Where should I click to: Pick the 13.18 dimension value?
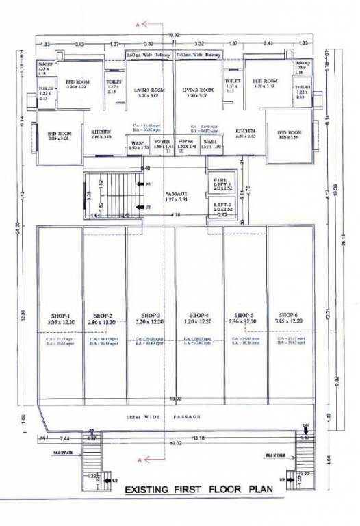pos(198,438)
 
